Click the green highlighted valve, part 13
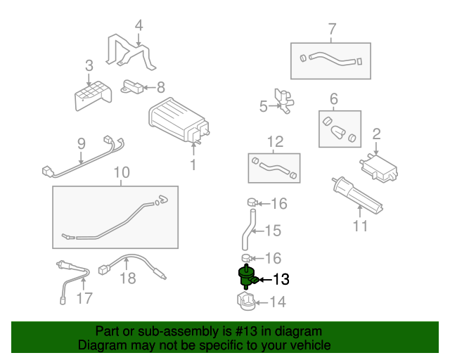tap(247, 277)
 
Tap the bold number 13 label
tap(281, 279)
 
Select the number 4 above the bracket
tap(139, 25)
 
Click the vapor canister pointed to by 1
tap(179, 120)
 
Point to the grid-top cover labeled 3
tap(93, 96)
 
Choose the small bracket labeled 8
tap(131, 86)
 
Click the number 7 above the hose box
tap(332, 29)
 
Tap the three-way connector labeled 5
tap(284, 101)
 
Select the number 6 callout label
tap(333, 98)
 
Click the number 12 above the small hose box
tap(275, 141)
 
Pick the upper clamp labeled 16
tap(252, 202)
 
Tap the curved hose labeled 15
tap(248, 229)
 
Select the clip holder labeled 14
tap(246, 302)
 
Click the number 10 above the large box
tap(122, 172)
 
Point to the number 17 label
tap(84, 298)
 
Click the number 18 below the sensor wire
tap(128, 278)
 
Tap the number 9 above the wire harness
tap(82, 143)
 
